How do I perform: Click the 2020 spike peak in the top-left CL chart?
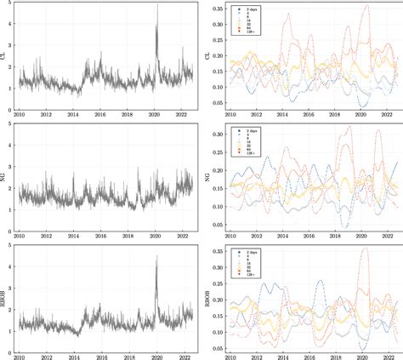click(x=157, y=27)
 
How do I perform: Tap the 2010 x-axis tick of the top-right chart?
click(x=230, y=115)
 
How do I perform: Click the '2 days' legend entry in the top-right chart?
click(x=251, y=11)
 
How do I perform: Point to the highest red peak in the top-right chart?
click(x=366, y=6)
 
